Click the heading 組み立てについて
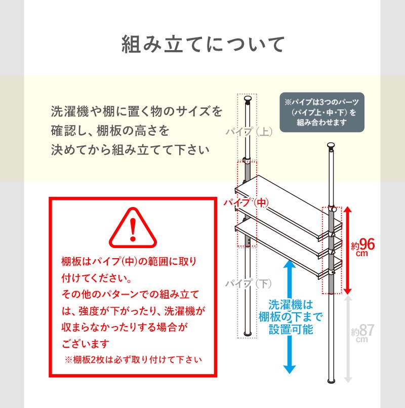[x=202, y=45]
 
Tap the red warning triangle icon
[x=133, y=228]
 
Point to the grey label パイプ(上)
[x=249, y=133]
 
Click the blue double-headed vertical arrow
[x=289, y=317]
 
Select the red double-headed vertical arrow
[x=347, y=251]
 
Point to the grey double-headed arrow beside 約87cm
[x=347, y=339]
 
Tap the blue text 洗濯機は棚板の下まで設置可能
[x=291, y=317]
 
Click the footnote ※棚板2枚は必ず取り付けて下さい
[x=133, y=360]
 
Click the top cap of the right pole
[x=331, y=147]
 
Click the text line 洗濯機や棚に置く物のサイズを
[x=137, y=111]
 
